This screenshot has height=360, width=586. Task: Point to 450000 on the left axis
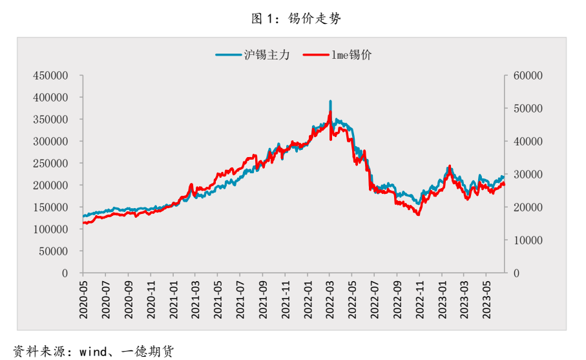(x=50, y=76)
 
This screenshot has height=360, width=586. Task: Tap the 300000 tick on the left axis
(x=50, y=142)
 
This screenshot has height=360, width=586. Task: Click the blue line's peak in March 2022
(x=331, y=101)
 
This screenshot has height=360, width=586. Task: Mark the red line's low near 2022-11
(x=419, y=215)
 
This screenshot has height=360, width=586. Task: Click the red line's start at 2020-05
(x=84, y=223)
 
